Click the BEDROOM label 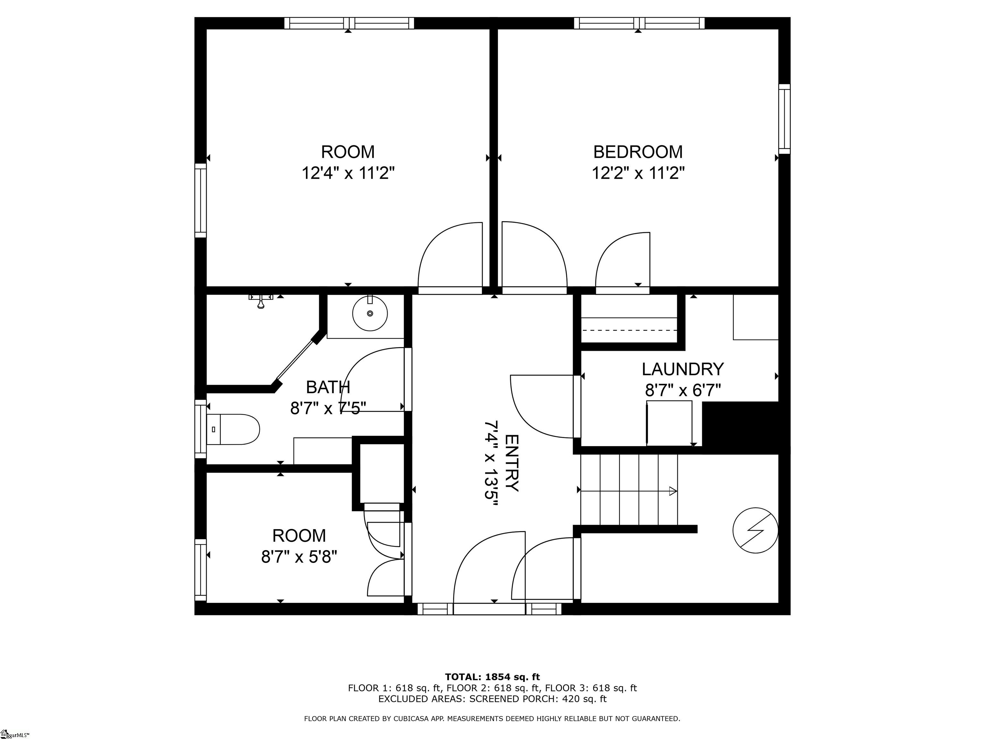(x=638, y=152)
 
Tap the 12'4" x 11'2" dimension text (x=348, y=173)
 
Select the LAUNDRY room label (x=682, y=369)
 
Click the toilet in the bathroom (x=234, y=429)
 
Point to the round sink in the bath (x=370, y=314)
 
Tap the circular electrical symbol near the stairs (x=755, y=531)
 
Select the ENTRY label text (x=512, y=463)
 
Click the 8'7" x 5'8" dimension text (x=299, y=557)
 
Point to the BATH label (x=328, y=387)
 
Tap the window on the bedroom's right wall (x=784, y=119)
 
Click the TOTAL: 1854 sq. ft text (x=492, y=677)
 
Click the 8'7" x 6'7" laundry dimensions (x=682, y=391)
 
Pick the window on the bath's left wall (x=201, y=429)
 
